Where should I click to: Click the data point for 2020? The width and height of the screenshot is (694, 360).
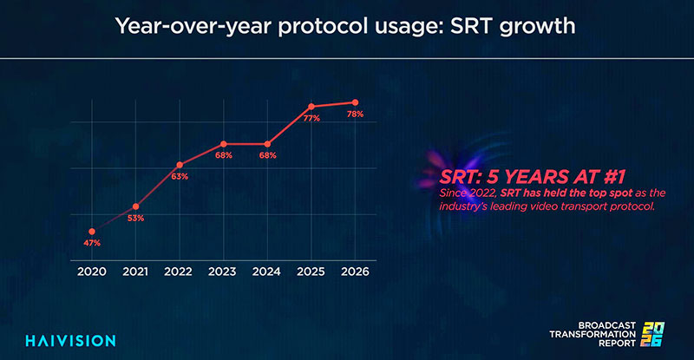(92, 232)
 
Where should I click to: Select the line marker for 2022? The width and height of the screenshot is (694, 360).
(180, 165)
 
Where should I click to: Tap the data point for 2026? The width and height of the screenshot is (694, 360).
(355, 102)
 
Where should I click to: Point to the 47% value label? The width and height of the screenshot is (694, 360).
(92, 243)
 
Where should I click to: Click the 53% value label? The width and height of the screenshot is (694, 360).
(135, 218)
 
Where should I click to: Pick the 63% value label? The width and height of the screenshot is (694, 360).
(180, 176)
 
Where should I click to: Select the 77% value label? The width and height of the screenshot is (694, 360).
(311, 118)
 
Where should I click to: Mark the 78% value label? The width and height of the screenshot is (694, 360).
(355, 114)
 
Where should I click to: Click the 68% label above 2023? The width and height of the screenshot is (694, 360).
(223, 155)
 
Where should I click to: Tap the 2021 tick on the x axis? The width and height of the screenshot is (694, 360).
(135, 272)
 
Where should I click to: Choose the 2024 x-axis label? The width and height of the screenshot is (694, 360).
(267, 272)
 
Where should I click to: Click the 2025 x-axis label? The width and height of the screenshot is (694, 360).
(311, 272)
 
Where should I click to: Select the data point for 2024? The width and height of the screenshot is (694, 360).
(267, 144)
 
